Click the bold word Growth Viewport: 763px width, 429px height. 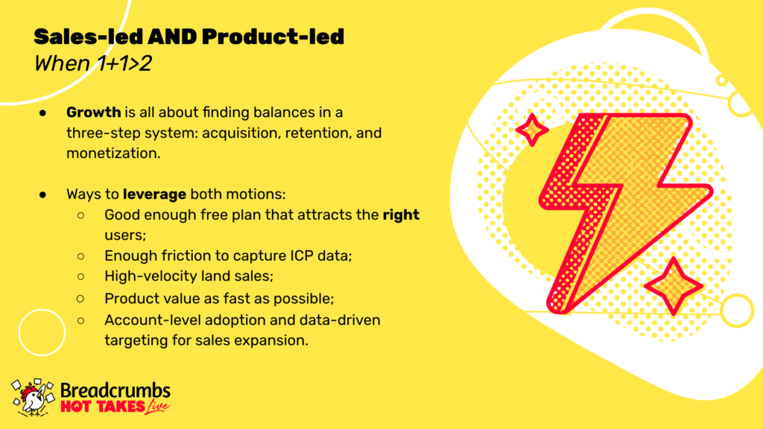93,112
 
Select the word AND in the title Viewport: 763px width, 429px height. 172,37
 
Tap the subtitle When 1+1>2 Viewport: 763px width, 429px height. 93,64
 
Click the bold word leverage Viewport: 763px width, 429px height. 154,194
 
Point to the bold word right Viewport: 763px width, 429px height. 401,215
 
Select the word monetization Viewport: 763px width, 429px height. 113,153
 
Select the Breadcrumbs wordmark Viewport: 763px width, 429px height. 115,390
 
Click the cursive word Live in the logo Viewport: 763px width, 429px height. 157,407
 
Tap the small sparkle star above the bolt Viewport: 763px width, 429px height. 532,130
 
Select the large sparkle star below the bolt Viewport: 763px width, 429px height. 674,287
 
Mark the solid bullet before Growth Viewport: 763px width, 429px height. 42,113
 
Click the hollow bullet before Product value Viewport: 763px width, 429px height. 80,299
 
